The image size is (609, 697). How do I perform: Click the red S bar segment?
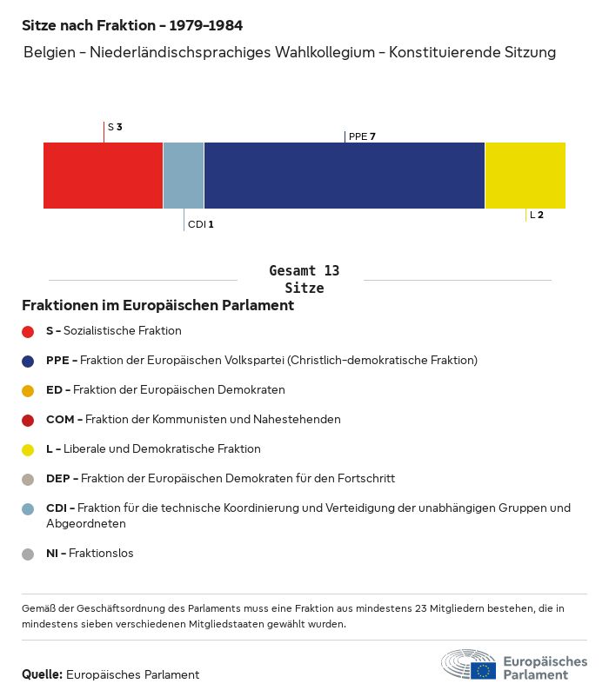click(103, 176)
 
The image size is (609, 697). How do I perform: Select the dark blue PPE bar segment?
click(344, 176)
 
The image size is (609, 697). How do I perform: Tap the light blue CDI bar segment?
click(184, 176)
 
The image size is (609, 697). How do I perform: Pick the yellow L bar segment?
click(525, 176)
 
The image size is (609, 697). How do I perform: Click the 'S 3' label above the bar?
click(115, 127)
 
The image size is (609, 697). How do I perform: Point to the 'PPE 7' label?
click(362, 136)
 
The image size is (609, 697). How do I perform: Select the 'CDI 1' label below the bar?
click(200, 224)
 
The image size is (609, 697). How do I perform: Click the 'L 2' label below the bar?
click(537, 215)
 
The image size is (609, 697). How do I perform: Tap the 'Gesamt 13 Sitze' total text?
click(304, 279)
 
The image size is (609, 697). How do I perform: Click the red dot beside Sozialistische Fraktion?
click(28, 331)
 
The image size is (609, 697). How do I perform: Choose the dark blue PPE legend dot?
click(28, 361)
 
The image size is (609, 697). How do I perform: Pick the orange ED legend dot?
click(28, 390)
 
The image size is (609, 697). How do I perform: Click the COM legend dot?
click(28, 420)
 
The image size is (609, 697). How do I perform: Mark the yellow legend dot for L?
click(28, 449)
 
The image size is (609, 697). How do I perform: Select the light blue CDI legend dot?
click(28, 508)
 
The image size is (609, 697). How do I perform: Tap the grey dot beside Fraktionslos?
click(28, 554)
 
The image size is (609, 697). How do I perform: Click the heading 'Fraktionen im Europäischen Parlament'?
click(157, 306)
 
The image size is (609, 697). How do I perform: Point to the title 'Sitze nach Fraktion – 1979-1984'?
click(132, 25)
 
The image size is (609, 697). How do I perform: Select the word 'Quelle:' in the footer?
click(42, 674)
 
